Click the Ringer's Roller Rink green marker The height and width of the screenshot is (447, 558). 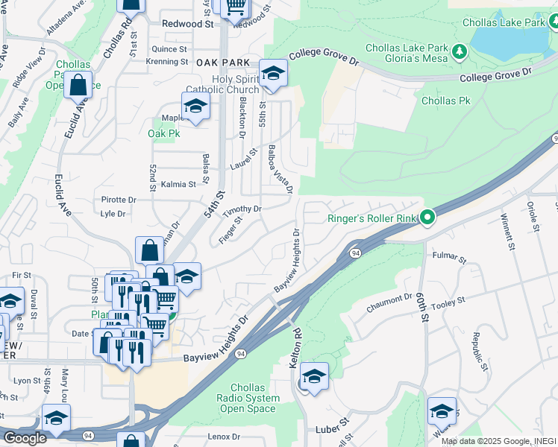tap(427, 218)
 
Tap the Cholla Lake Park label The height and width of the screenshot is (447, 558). tap(504, 23)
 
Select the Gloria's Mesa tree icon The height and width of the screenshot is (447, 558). tap(460, 51)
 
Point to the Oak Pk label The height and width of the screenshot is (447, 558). tap(164, 133)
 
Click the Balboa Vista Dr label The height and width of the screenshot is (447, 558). tap(280, 170)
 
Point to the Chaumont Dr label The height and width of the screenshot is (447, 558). tap(389, 302)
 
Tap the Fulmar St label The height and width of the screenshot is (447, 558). tap(449, 259)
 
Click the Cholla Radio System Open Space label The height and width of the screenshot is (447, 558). tap(255, 398)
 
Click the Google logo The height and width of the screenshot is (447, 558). tap(25, 438)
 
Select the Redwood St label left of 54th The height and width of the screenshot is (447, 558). tap(188, 24)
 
